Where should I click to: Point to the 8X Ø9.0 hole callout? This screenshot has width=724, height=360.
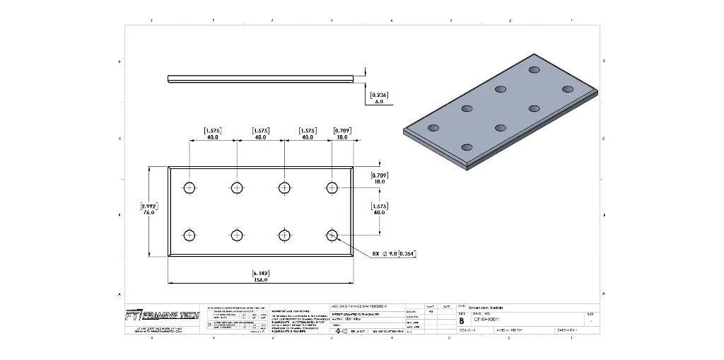(x=394, y=253)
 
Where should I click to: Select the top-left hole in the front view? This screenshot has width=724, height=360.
(x=189, y=187)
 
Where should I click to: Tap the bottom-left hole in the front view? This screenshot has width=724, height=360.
(x=189, y=235)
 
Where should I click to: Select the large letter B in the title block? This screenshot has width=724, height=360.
(x=462, y=320)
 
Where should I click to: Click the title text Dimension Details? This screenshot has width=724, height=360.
(x=485, y=308)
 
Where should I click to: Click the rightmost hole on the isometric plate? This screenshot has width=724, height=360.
(x=566, y=88)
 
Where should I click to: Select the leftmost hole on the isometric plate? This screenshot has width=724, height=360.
(x=434, y=128)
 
